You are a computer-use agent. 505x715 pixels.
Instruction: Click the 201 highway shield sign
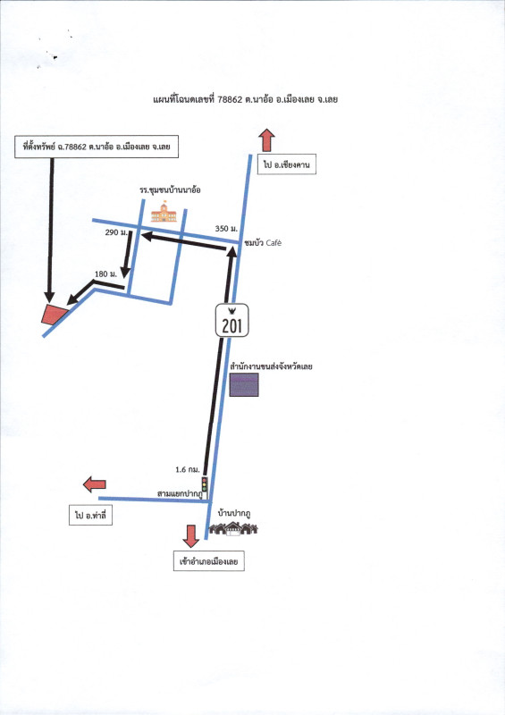coord(232,321)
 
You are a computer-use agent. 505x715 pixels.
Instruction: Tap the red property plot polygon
coord(54,315)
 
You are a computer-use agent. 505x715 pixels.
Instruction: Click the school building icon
coord(164,212)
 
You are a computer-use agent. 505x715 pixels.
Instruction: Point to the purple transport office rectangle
coord(244,384)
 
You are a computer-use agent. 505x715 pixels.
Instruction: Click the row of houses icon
coord(233,528)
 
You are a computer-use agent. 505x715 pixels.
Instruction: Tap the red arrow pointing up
coord(266,140)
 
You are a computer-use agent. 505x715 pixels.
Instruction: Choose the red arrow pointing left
coord(95,484)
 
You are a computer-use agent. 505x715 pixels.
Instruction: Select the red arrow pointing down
coord(190,535)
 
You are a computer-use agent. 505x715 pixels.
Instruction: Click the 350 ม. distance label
coord(226,229)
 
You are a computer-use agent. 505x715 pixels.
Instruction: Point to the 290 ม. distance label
coord(116,232)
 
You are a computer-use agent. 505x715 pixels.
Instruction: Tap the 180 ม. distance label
coord(105,274)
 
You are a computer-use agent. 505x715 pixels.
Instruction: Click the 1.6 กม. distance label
coord(188,469)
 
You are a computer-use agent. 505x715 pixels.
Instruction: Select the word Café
coord(274,243)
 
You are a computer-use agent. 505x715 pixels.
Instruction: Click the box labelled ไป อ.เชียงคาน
coord(287,164)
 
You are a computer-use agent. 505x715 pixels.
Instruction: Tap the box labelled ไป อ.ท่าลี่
coord(90,516)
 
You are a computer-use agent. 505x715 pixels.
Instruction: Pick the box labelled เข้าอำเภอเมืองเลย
coord(209,561)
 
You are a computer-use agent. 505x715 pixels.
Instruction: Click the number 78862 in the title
coord(230,99)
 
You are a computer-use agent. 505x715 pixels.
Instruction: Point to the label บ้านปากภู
coord(234,514)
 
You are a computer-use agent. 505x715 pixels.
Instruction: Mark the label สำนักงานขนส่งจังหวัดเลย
coord(272,366)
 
